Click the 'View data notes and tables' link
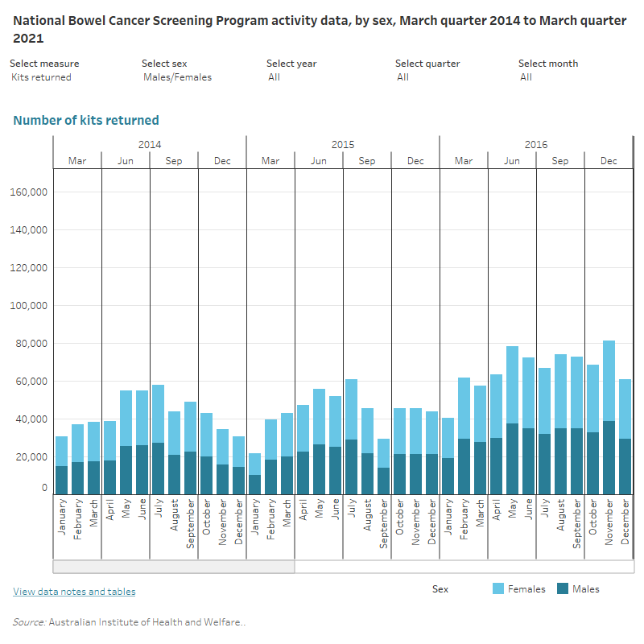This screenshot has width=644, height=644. pyautogui.click(x=74, y=592)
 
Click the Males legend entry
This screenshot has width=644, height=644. pyautogui.click(x=584, y=589)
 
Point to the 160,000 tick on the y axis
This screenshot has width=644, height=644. pyautogui.click(x=30, y=192)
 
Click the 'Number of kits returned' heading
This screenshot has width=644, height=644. pyautogui.click(x=86, y=121)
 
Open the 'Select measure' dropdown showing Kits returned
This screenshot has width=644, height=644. pyautogui.click(x=42, y=77)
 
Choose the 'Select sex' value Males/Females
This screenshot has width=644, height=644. pyautogui.click(x=177, y=77)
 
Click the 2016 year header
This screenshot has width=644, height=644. pyautogui.click(x=536, y=145)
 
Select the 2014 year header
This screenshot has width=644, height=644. pyautogui.click(x=150, y=145)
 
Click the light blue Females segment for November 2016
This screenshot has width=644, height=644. pyautogui.click(x=609, y=380)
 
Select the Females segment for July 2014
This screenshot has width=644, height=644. pyautogui.click(x=158, y=414)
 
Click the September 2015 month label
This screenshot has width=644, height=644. pyautogui.click(x=383, y=524)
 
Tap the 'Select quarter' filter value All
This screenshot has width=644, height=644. pyautogui.click(x=402, y=77)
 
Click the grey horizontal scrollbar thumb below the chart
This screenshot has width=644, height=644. pyautogui.click(x=174, y=566)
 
